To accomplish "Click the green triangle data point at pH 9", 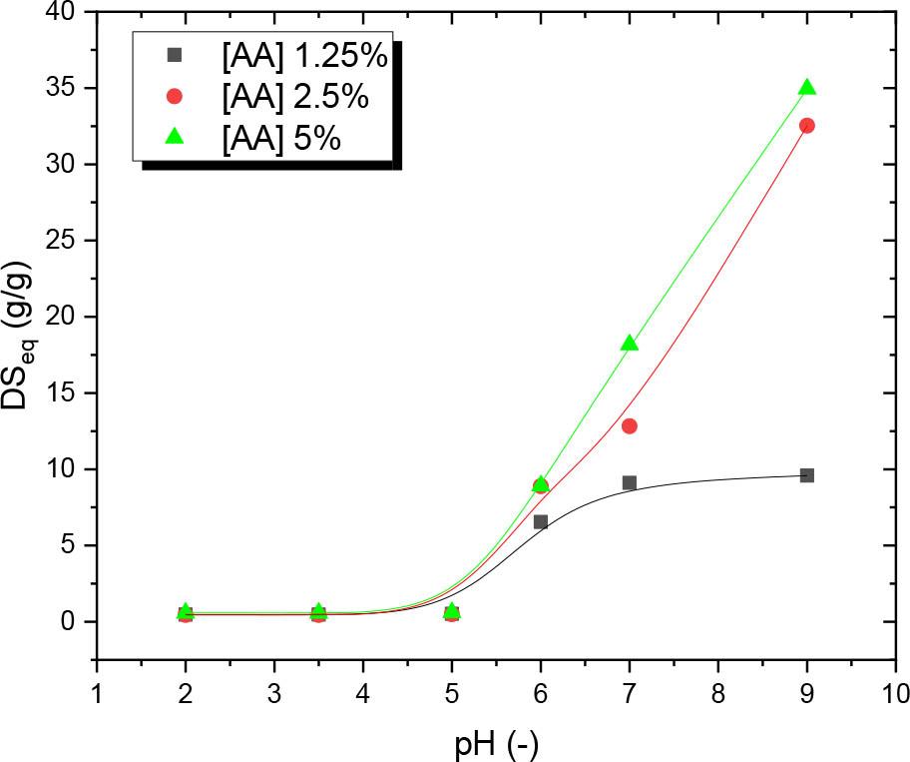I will click(807, 88).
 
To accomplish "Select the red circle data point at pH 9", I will click(807, 126).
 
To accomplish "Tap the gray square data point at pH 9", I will click(807, 475).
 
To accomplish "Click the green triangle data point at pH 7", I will click(630, 344).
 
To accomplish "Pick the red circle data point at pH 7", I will click(630, 426).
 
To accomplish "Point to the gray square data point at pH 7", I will click(630, 482).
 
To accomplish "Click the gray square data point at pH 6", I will click(541, 521).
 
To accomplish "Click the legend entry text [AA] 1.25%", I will click(303, 57).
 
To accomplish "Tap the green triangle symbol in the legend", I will click(175, 136).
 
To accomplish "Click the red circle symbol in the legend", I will click(175, 97).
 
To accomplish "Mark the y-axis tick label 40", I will click(65, 12).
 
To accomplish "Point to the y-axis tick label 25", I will click(65, 241).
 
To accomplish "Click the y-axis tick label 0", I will click(74, 621).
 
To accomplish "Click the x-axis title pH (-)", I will click(496, 741).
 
